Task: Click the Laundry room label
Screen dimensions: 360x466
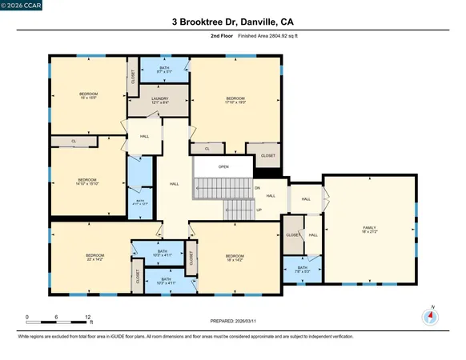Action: point(160,101)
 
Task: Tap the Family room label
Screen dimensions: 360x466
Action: point(369,230)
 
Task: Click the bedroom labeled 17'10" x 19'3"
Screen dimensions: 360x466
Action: point(235,100)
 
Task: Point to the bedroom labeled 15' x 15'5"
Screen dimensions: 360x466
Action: point(88,96)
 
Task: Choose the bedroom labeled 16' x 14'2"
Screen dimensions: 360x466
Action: point(235,257)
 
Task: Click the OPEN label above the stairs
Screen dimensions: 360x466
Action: point(223,166)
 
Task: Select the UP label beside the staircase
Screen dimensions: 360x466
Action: point(259,210)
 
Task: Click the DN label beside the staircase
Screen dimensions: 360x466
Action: point(258,187)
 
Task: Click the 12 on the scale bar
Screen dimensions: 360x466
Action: point(87,317)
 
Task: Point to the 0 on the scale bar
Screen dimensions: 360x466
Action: point(27,317)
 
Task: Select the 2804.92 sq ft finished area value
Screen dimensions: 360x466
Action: point(264,36)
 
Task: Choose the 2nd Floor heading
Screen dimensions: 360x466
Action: point(199,36)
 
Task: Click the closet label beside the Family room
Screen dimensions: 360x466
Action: point(292,235)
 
